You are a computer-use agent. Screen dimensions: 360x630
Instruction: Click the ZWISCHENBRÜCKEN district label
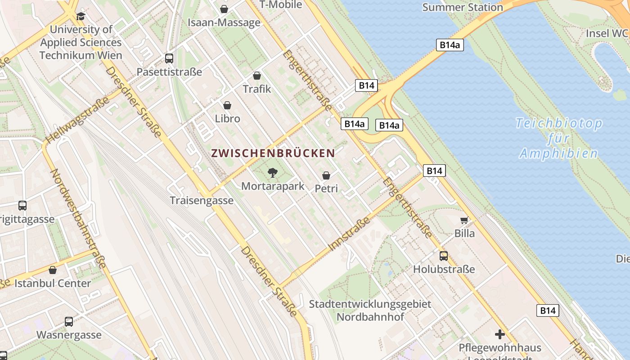pos(273,153)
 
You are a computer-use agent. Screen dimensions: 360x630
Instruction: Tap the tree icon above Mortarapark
pos(272,172)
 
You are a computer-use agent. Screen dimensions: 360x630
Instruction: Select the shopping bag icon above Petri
pos(326,175)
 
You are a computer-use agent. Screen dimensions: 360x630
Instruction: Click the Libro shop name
pos(228,119)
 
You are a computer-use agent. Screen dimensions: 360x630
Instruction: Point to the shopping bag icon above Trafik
pos(257,76)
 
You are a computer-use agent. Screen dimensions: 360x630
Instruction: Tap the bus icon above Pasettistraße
pos(169,58)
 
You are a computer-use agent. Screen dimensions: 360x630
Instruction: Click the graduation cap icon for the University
pos(81,16)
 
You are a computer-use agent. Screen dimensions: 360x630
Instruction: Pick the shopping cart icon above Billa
pos(464,220)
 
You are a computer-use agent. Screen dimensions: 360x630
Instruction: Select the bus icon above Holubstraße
pos(444,256)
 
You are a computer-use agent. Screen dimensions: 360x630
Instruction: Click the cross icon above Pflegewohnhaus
pos(499,334)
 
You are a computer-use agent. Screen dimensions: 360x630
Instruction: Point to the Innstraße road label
pos(350,234)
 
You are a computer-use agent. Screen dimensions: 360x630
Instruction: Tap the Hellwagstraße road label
pos(78,120)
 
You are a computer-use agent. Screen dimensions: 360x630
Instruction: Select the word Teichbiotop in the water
pos(558,123)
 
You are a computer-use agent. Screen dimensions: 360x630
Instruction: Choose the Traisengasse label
pos(202,201)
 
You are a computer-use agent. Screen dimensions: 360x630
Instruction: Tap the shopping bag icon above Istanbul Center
pos(53,270)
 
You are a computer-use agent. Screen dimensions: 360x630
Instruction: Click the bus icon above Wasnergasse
pos(69,322)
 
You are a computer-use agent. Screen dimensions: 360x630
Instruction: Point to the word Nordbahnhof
pos(370,317)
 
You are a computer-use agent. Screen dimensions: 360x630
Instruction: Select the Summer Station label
pos(463,7)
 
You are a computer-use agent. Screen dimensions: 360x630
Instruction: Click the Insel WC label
pos(606,33)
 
